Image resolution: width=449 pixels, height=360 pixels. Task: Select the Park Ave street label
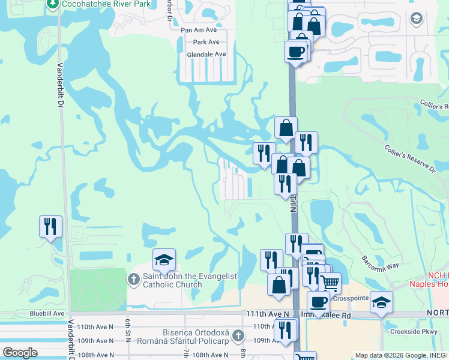pos(206,42)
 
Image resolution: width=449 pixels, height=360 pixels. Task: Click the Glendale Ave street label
pos(206,54)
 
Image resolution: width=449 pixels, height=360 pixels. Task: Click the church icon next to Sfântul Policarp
pos(238,334)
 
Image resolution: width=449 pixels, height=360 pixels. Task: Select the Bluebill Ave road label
pos(47,313)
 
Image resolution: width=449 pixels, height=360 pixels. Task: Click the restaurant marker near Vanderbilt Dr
pos(50,227)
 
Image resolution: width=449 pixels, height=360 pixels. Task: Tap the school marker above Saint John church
pos(164,260)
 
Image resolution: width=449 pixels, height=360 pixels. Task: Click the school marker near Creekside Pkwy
pos(381,302)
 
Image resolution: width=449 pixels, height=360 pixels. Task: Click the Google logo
pos(20,353)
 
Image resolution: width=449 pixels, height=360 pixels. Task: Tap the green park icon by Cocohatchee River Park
pos(53,4)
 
